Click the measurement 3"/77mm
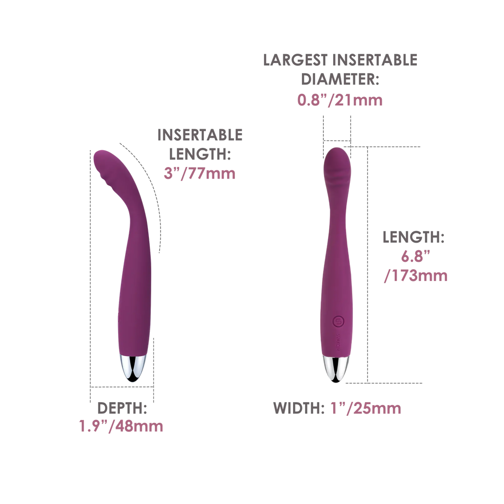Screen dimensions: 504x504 click(x=200, y=174)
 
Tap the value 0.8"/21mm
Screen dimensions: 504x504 click(x=340, y=100)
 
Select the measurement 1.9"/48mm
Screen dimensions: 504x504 click(x=121, y=426)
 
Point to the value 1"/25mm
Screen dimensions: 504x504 click(x=366, y=408)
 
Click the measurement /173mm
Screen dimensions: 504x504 click(x=416, y=276)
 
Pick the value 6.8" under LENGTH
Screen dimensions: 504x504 click(x=415, y=256)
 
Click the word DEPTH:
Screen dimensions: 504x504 click(x=122, y=408)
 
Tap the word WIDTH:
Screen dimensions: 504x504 click(x=299, y=408)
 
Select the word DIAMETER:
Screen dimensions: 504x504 click(x=340, y=79)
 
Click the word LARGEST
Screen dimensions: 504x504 click(x=295, y=60)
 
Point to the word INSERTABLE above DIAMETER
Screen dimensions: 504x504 click(x=375, y=60)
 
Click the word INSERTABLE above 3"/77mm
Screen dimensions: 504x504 click(x=200, y=135)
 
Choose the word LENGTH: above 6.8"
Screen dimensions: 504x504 click(x=413, y=237)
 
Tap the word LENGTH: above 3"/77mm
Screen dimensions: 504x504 click(x=200, y=154)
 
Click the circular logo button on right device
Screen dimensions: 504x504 click(x=338, y=321)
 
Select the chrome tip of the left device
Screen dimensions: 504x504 click(x=133, y=368)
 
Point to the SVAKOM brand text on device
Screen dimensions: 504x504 click(x=338, y=342)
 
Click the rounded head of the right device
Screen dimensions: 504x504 click(x=337, y=161)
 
